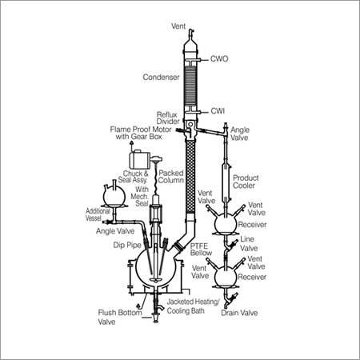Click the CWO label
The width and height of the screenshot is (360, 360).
[219, 58]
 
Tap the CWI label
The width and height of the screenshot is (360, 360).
[218, 111]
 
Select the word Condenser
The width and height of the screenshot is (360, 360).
[161, 77]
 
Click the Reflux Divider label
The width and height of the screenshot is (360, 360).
[168, 118]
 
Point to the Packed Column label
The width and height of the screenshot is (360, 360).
[171, 177]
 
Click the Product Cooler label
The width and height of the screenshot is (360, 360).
[246, 182]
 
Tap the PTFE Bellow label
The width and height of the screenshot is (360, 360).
[201, 250]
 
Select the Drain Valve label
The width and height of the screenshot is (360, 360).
[239, 313]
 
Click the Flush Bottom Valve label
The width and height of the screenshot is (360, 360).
[120, 317]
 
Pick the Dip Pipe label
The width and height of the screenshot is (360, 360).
[127, 245]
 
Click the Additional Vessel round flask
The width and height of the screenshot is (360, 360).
[114, 196]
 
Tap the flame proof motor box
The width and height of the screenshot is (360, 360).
[139, 159]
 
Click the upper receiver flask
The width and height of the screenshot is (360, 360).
[226, 223]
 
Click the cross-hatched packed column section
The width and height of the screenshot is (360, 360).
[190, 176]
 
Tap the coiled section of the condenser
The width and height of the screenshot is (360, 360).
[190, 86]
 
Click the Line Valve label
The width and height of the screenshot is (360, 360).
[248, 243]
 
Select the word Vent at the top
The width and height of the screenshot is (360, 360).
[178, 26]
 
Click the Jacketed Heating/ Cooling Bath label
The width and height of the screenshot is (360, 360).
[193, 306]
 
